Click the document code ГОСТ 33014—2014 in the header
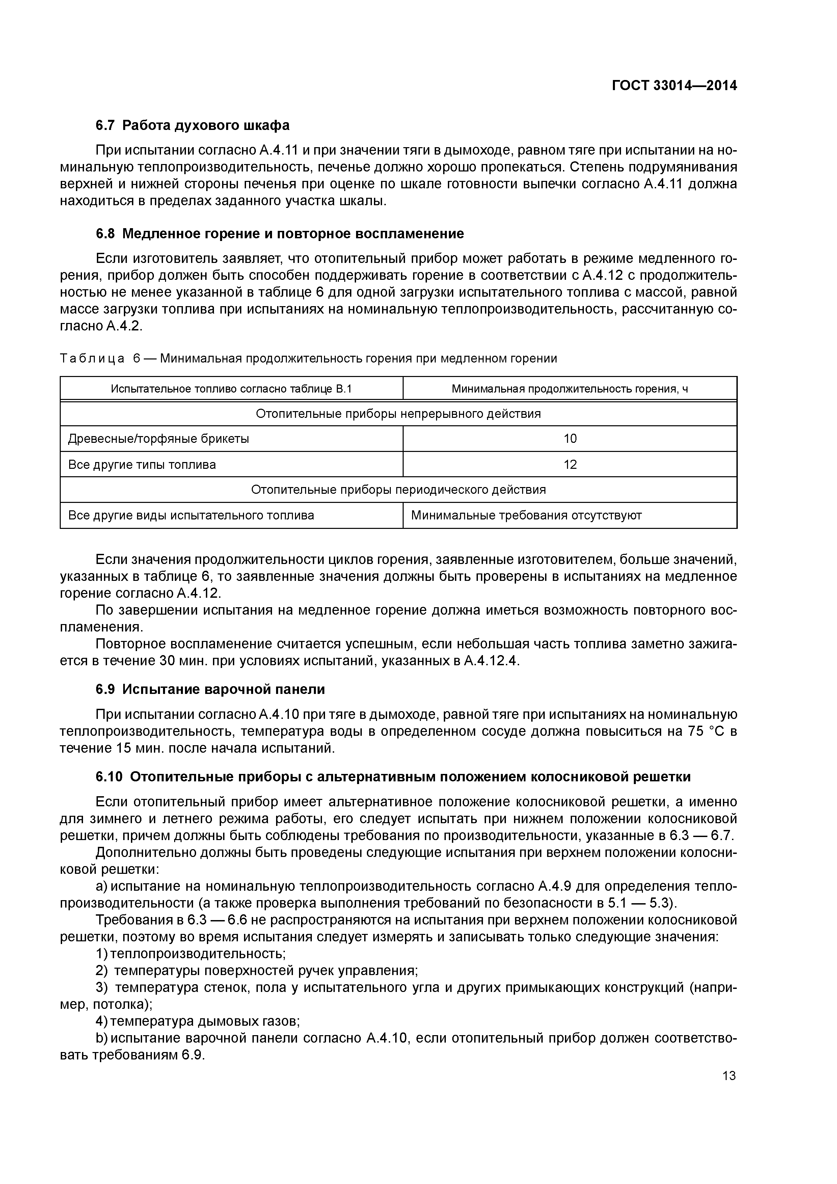coord(674,86)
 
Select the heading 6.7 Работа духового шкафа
coord(192,125)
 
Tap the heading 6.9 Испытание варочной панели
coord(210,690)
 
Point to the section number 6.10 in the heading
coord(109,777)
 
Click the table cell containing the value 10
coord(570,439)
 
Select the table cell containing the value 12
coord(570,465)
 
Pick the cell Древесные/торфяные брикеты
coord(159,439)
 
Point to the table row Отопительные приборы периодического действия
coord(398,489)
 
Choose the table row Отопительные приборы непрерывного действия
coord(398,413)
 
